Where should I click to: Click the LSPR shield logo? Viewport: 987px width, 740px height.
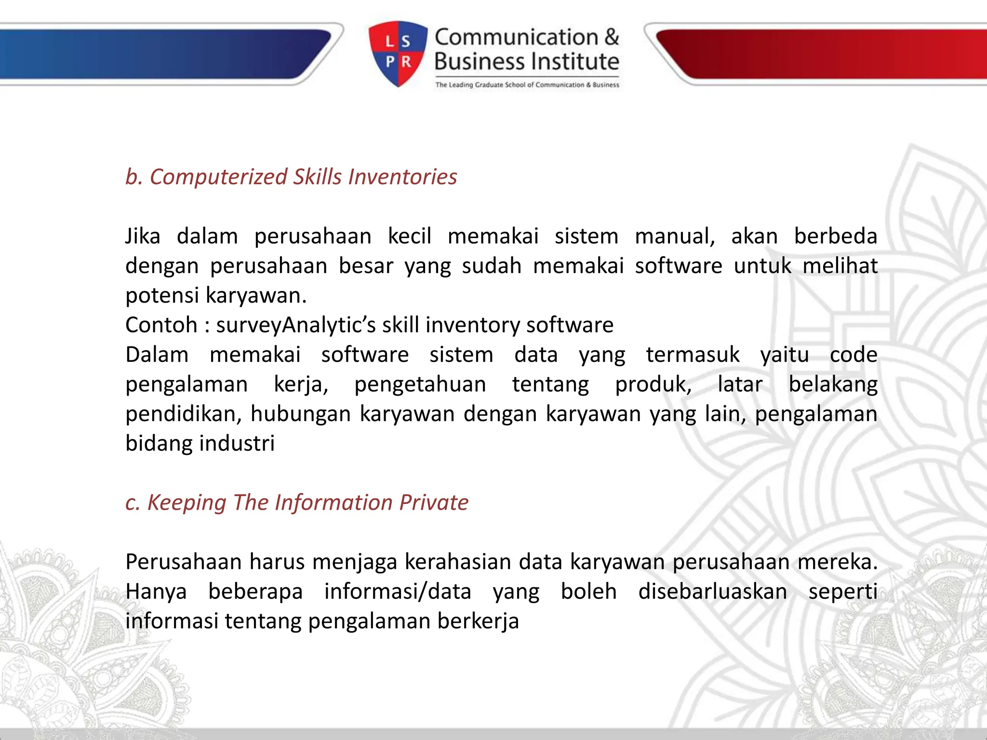398,53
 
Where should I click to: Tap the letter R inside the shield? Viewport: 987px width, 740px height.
406,62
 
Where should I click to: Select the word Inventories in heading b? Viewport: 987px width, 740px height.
402,177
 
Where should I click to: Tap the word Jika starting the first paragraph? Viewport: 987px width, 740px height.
143,237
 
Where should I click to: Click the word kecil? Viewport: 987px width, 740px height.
409,237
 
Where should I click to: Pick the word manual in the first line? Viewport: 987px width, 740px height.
674,237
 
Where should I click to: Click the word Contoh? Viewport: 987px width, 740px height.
161,325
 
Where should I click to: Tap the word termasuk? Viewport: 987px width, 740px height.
693,355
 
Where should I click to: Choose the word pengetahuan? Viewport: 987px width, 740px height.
420,384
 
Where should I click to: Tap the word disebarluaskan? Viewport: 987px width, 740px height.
712,592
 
